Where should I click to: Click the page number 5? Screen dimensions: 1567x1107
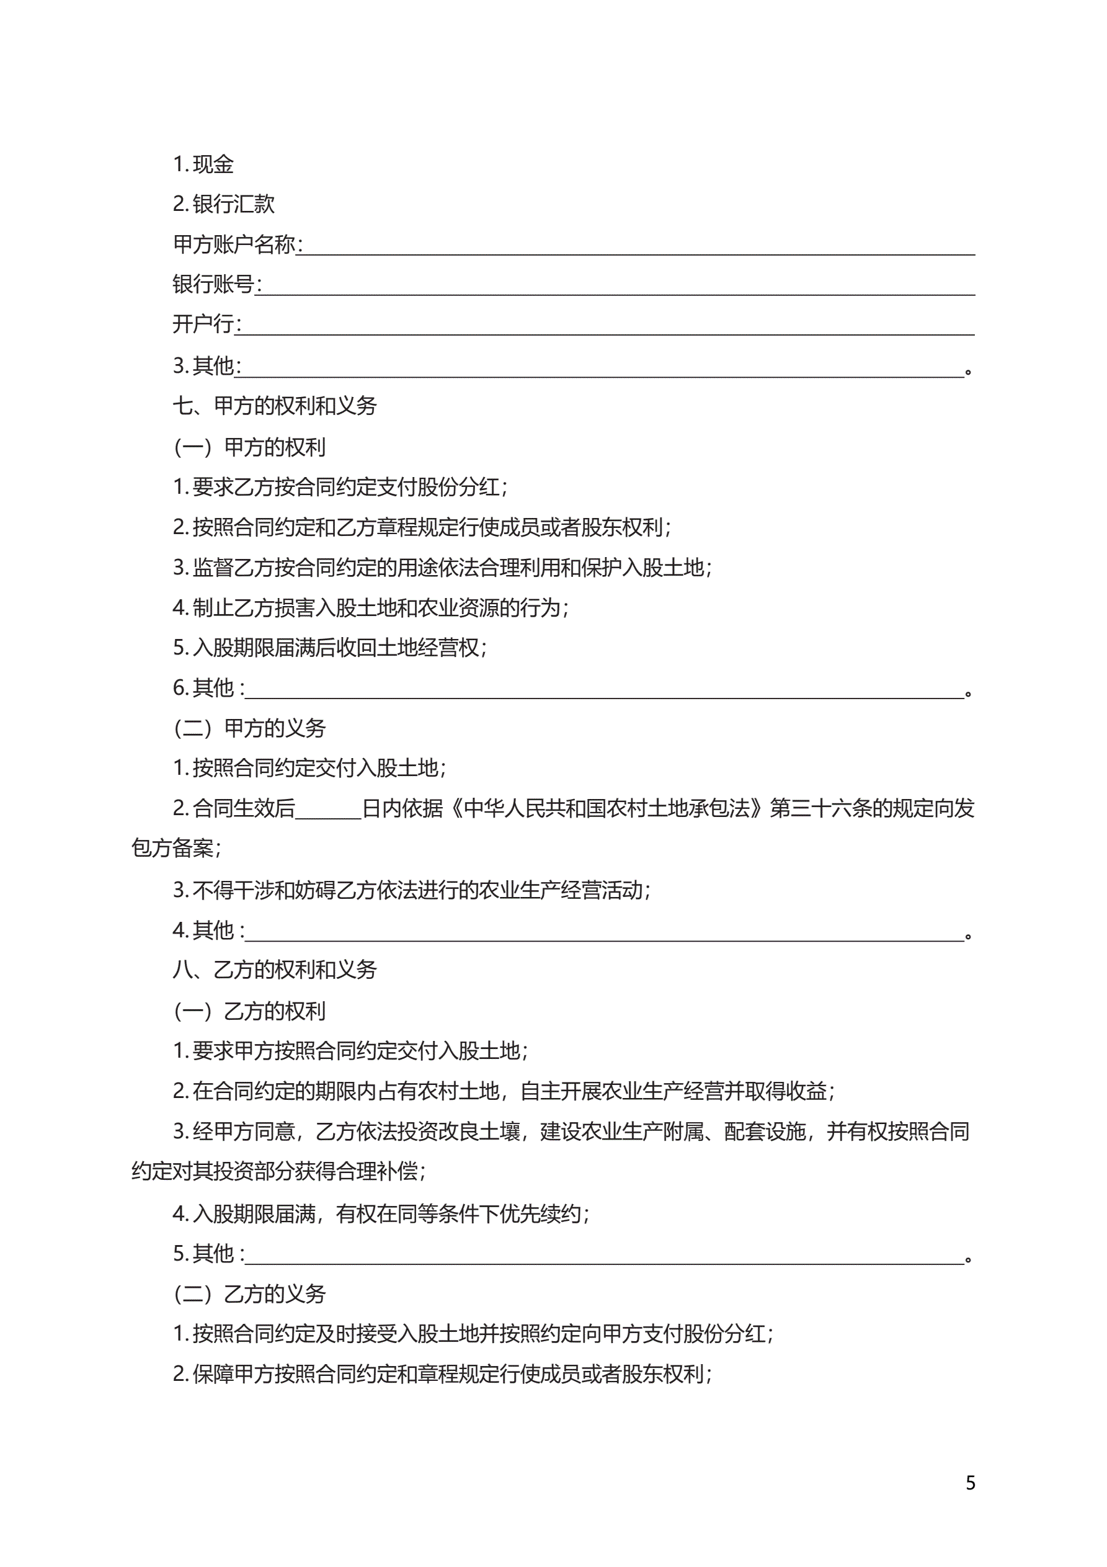970,1483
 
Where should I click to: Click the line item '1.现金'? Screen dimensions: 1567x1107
203,164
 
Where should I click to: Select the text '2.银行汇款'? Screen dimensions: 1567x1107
223,204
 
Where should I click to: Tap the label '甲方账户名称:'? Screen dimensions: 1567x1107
238,244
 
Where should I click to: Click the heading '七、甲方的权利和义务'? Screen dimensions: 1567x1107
274,406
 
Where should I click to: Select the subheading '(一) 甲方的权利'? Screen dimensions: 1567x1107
250,448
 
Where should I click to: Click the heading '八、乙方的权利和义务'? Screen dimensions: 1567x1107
274,970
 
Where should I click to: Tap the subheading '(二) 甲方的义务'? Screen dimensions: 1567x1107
250,729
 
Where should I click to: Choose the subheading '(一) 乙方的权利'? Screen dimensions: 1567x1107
250,1011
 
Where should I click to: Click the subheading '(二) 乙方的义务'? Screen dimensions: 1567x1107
250,1294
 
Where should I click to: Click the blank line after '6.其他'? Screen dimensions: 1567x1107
604,692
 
